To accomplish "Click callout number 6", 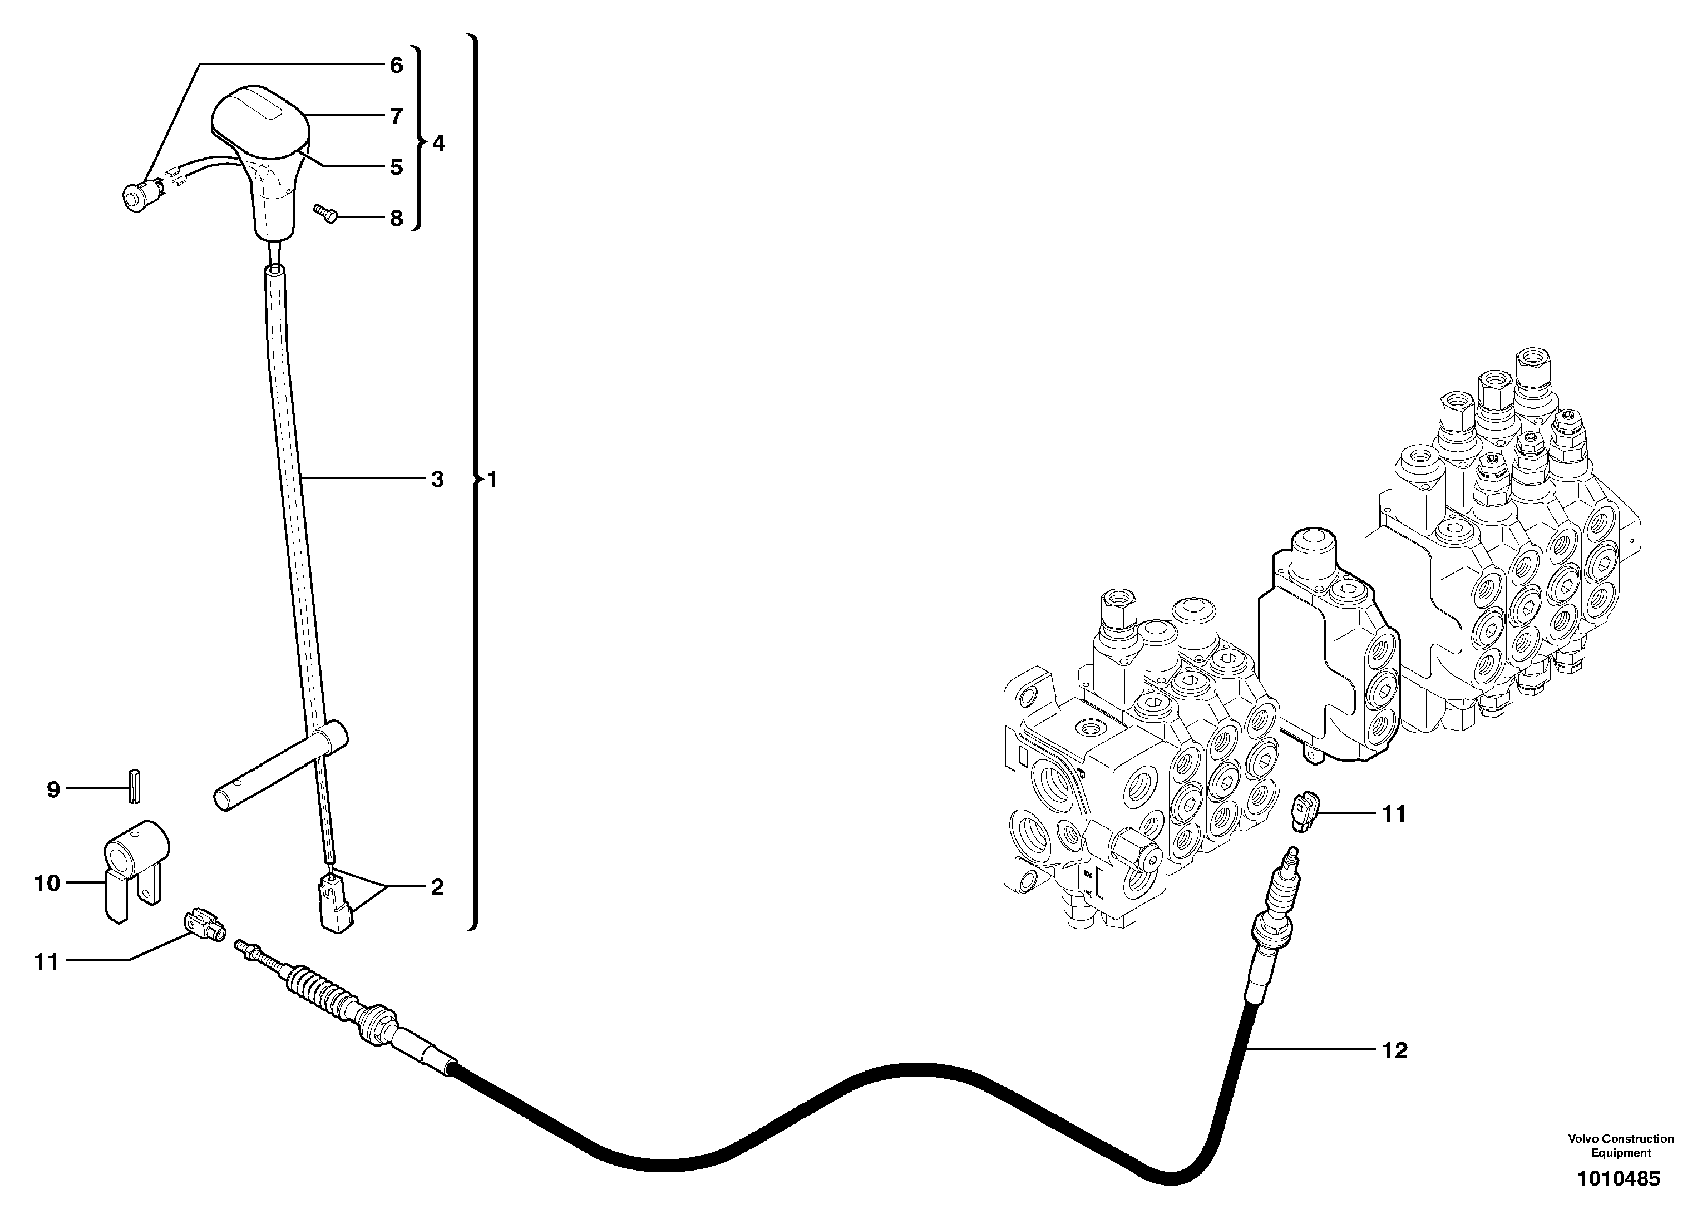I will point(396,66).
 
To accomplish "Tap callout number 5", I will point(396,166).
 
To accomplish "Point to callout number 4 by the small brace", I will point(437,142).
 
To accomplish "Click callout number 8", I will point(396,218).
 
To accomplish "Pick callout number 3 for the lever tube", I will point(437,479).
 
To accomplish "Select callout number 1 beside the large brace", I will point(492,479).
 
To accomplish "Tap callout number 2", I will point(437,887).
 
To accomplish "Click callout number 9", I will point(53,789).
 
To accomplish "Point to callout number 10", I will point(47,882).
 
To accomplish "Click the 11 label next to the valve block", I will point(1394,814).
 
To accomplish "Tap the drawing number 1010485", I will point(1618,1178).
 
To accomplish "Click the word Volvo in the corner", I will point(1583,1138).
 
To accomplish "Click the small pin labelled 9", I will point(135,787).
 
